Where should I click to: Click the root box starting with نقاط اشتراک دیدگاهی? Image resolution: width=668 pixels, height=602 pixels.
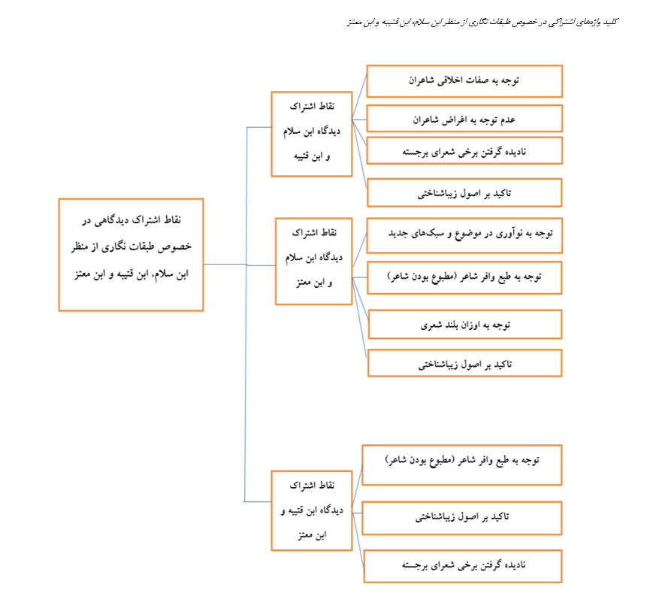click(x=131, y=255)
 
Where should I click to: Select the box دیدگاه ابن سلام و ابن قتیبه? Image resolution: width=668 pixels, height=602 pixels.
click(x=312, y=134)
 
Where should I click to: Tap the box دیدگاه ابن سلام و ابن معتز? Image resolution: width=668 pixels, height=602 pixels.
click(x=314, y=261)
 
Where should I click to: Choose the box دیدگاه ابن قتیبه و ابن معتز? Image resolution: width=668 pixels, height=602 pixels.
click(x=312, y=510)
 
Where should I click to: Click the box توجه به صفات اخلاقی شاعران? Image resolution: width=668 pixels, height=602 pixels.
click(x=464, y=81)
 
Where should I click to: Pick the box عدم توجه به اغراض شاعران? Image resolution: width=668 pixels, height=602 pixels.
click(x=464, y=119)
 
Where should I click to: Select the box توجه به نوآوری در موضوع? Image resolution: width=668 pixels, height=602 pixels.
click(x=464, y=235)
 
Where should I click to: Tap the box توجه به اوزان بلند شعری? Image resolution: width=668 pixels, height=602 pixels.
click(x=465, y=325)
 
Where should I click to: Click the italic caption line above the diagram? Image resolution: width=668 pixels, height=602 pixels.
click(x=482, y=22)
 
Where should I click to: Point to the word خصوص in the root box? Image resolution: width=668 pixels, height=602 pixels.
click(x=174, y=247)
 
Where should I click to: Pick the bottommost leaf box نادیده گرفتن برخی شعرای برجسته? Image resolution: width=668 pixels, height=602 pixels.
click(x=463, y=566)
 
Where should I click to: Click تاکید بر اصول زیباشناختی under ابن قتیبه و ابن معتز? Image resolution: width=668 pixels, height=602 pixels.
click(x=462, y=518)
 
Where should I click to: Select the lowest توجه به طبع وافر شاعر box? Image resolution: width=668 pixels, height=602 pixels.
click(x=462, y=464)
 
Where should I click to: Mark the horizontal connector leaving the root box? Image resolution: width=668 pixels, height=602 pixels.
click(x=225, y=264)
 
